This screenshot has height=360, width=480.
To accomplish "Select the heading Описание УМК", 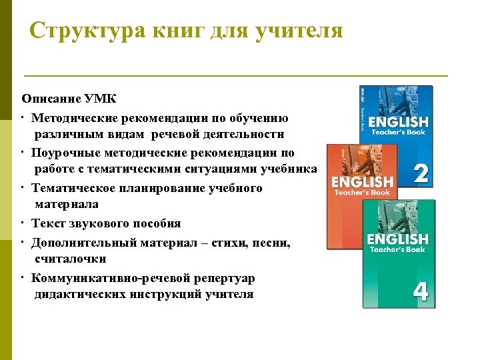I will point(69,99).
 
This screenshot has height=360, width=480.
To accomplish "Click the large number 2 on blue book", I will point(421,173).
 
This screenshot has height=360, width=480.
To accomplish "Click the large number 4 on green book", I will point(421,292).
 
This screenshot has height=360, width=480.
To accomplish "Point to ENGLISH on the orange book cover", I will point(363,181).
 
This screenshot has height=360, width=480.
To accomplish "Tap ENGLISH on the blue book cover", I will point(398,121).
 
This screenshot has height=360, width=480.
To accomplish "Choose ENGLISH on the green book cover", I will point(397,239).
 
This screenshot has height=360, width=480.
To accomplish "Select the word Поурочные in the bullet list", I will point(67,153).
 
